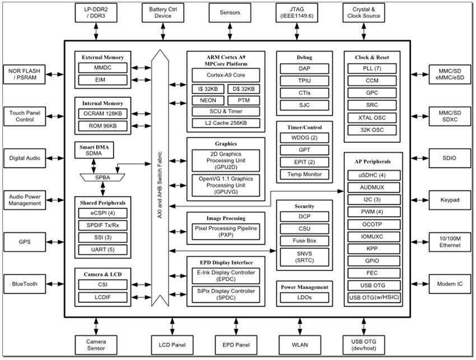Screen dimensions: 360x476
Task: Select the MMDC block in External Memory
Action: [102, 68]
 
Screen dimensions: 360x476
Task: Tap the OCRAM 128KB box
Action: [102, 113]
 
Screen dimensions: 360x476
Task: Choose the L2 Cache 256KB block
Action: [226, 123]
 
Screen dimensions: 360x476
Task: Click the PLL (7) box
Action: [372, 68]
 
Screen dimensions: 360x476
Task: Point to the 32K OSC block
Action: [372, 130]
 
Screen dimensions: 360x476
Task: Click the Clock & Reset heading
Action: [372, 57]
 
